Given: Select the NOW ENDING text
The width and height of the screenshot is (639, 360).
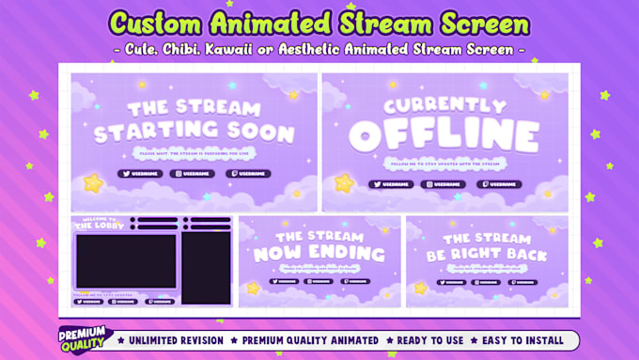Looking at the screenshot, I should point(319,254).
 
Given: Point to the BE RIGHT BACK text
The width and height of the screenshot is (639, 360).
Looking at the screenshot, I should point(488,255).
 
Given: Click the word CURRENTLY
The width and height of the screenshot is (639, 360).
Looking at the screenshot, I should point(444,104).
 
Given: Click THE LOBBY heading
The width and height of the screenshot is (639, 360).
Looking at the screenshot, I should point(98,226).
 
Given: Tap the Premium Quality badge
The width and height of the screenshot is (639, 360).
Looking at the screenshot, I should point(85,339).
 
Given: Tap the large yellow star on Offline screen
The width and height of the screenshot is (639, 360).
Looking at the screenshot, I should point(344,182).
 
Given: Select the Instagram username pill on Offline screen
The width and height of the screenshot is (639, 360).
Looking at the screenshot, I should point(443,185).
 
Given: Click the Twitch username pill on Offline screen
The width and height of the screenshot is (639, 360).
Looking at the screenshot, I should point(498,185).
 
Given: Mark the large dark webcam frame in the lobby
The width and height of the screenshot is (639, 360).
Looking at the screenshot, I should point(125,260).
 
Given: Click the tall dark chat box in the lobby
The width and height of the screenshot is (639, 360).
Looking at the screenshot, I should point(206,268).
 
